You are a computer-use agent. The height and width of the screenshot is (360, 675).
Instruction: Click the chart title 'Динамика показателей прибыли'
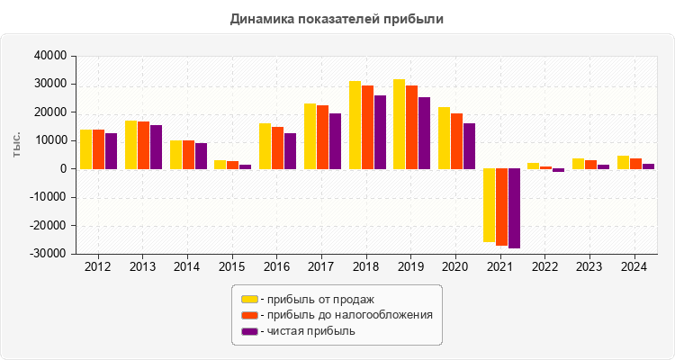click(x=337, y=18)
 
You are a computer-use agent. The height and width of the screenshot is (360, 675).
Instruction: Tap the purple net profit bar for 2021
click(x=514, y=208)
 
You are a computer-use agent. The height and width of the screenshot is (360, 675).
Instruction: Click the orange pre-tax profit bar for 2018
click(x=367, y=127)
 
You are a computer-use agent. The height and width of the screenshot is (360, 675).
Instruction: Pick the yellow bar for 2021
click(x=489, y=205)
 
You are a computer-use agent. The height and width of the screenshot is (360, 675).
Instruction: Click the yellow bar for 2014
click(x=175, y=155)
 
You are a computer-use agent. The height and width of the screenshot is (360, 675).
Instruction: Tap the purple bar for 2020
click(x=469, y=146)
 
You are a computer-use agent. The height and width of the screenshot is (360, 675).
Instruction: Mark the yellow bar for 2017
click(x=310, y=136)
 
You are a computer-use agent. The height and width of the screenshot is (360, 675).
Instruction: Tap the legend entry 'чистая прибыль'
click(x=307, y=331)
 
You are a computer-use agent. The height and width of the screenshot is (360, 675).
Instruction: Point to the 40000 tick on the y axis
click(x=50, y=56)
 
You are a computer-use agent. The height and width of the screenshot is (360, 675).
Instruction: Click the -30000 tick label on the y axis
click(x=49, y=254)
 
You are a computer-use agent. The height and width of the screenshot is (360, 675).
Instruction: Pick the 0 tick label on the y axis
click(x=63, y=169)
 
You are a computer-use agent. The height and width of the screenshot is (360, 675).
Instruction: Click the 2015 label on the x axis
click(x=232, y=267)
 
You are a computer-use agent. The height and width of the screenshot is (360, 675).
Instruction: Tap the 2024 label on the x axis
click(x=634, y=267)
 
